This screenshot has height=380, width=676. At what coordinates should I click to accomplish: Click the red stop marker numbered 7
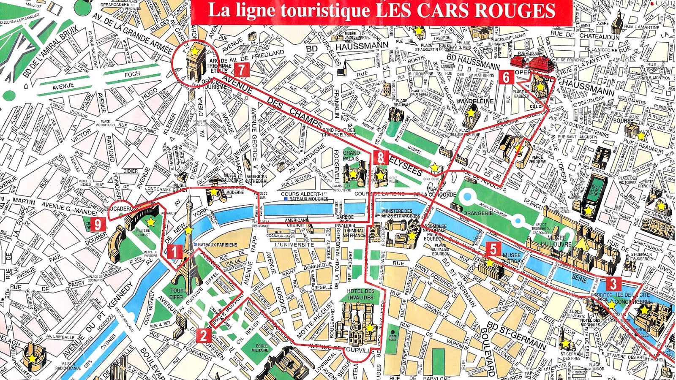click(x=241, y=69)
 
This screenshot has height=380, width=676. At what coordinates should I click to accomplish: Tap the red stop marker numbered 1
click(x=174, y=252)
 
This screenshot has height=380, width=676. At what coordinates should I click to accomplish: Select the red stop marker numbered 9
click(x=98, y=225)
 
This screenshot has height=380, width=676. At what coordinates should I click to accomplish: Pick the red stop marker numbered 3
click(x=613, y=283)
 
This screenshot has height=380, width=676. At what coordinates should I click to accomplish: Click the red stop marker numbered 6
click(x=506, y=77)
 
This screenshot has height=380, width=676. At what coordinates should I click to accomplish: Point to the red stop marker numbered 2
click(x=203, y=336)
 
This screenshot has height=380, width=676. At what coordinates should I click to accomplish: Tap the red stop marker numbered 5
click(x=493, y=249)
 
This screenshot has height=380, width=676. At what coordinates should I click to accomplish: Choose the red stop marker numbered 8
click(x=381, y=158)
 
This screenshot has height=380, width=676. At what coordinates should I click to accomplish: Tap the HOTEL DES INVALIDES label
click(x=360, y=294)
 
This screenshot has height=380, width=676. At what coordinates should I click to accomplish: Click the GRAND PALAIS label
click(x=351, y=155)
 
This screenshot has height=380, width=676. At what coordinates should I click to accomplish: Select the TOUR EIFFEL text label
click(x=177, y=293)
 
